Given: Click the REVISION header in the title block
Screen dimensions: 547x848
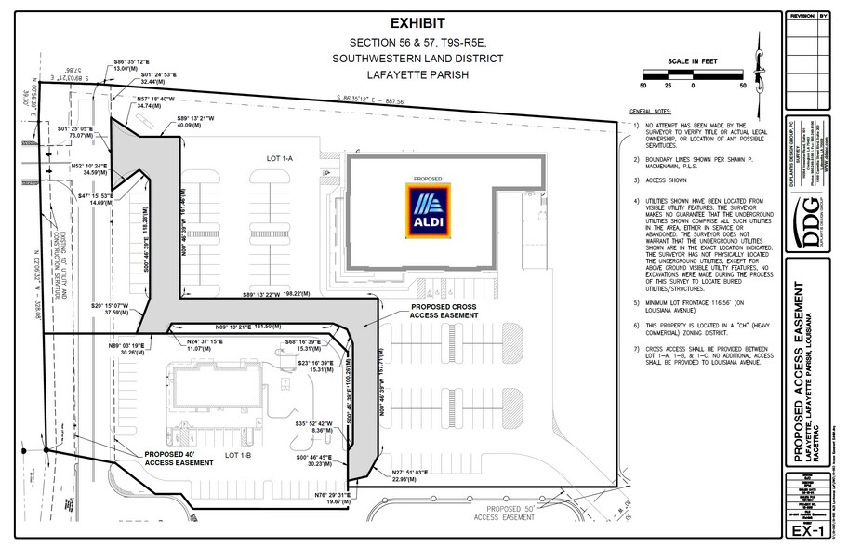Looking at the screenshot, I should (x=802, y=16).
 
